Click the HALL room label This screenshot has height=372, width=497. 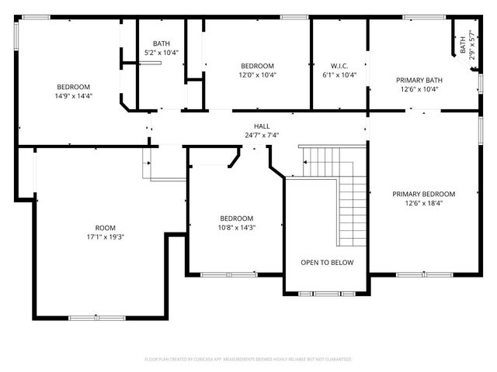coord(262,126)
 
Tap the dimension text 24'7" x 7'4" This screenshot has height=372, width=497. coord(262,135)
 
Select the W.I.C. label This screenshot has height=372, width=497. coord(338,65)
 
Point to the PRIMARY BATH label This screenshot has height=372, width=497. coord(419,80)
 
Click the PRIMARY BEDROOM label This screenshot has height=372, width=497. coord(423,194)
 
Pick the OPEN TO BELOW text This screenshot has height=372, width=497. coord(327,262)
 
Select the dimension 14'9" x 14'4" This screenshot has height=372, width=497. coord(73,96)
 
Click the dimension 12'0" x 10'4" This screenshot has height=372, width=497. coord(257,75)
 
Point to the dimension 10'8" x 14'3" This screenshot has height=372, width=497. coord(236,228)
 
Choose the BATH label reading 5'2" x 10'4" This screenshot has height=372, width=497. coord(162,53)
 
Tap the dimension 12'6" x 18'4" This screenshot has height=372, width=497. coord(423,203)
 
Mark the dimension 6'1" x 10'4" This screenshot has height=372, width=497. coord(338,75)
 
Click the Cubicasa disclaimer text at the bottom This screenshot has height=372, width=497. coord(248,360)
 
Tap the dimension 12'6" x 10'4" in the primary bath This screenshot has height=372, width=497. coord(419,89)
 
